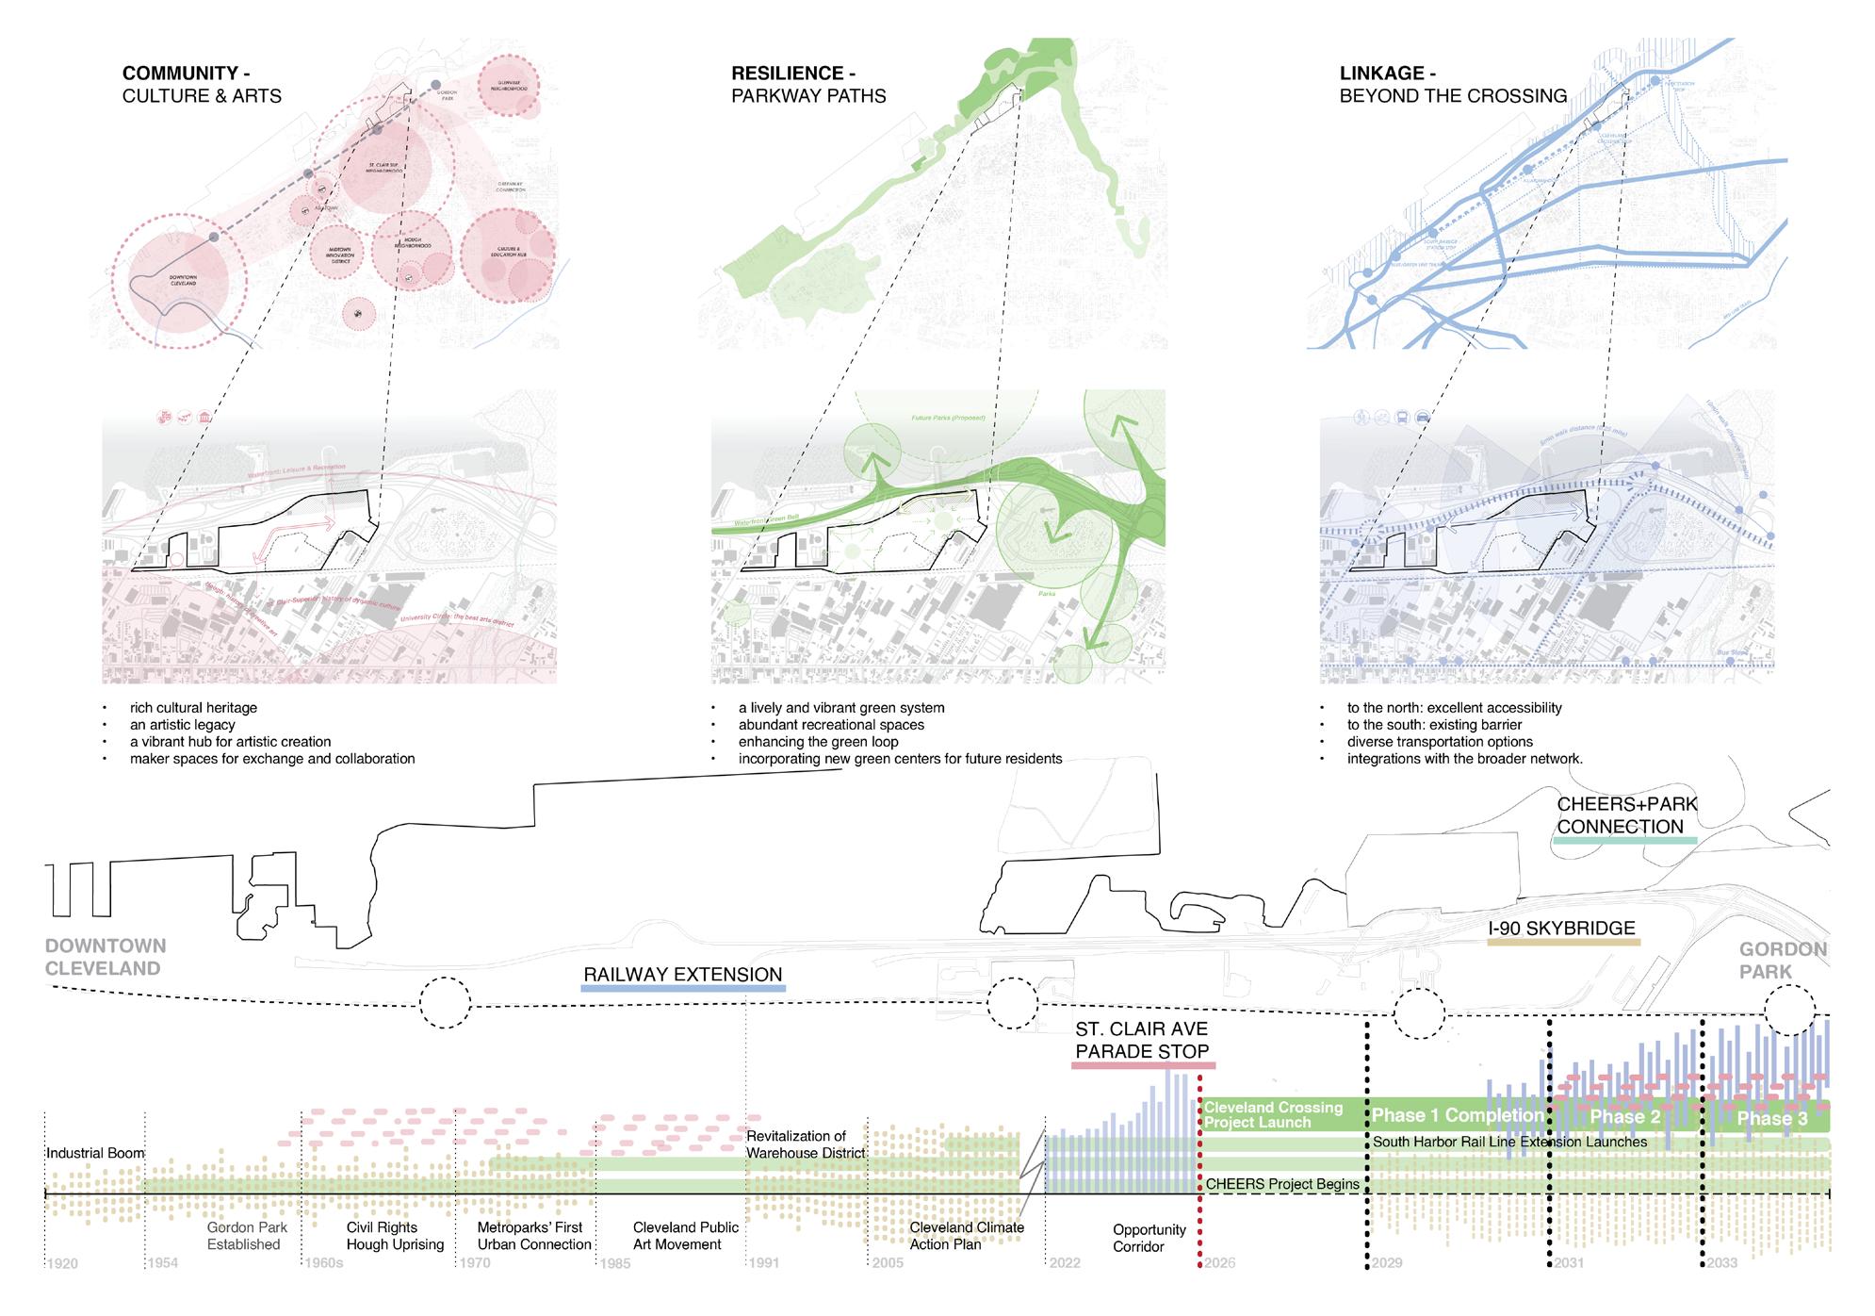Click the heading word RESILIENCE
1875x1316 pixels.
787,74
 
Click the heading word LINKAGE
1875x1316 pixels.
1381,74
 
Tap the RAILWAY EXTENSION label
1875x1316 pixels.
682,975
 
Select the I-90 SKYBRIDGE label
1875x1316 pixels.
1561,929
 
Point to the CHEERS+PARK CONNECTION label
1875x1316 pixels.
1626,815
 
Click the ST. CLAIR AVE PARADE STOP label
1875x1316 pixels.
1141,1041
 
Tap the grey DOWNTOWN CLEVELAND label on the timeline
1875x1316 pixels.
105,957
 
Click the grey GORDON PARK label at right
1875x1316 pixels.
1782,960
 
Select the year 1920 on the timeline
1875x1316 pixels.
63,1263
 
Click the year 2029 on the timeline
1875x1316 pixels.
1388,1262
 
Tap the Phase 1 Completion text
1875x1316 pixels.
1457,1115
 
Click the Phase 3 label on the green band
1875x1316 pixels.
1771,1118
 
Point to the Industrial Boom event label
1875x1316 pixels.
95,1154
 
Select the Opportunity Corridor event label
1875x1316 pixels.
1149,1238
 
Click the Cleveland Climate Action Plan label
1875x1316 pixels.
966,1236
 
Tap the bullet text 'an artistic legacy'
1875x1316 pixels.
182,725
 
